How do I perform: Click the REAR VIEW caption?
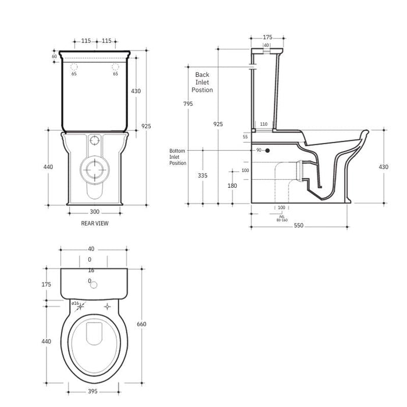coord(95,223)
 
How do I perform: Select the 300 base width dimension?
coord(94,212)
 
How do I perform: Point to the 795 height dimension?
coord(188,103)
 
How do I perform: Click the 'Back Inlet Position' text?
coord(202,83)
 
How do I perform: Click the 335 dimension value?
coord(202,175)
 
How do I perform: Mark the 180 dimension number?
coord(233,185)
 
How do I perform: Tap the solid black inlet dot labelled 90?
coord(267,151)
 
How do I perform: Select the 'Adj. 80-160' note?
coord(283,218)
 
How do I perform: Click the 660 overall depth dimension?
coord(142,324)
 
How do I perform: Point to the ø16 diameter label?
coord(75,303)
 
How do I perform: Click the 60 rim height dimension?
coord(54,56)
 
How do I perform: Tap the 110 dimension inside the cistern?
coord(263,124)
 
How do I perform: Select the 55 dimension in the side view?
coord(245,136)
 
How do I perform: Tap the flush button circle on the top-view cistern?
coord(94,282)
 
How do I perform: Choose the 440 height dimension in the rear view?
coord(48,167)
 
